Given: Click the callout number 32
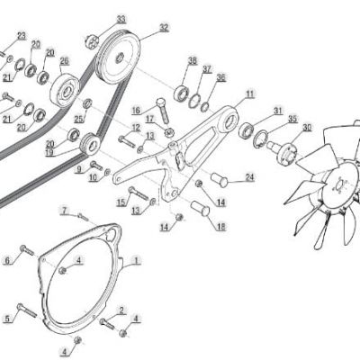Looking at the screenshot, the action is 164,28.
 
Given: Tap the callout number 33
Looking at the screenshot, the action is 121,19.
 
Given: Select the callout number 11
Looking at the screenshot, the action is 250,94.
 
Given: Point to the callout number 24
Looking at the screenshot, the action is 249,177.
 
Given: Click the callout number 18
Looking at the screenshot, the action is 220,227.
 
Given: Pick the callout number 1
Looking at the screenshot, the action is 136,260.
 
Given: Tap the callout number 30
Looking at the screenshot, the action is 307,128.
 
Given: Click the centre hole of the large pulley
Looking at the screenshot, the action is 120,58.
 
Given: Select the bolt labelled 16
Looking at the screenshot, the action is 163,111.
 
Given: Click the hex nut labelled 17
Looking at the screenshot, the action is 169,131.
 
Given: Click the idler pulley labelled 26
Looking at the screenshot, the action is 65,89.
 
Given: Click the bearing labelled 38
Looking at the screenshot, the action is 181,93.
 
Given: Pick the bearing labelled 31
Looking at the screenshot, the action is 247,130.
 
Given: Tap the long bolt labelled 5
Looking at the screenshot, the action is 27,310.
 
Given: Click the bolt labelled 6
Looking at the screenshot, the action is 27,250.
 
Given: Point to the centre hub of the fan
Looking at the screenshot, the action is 340,185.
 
